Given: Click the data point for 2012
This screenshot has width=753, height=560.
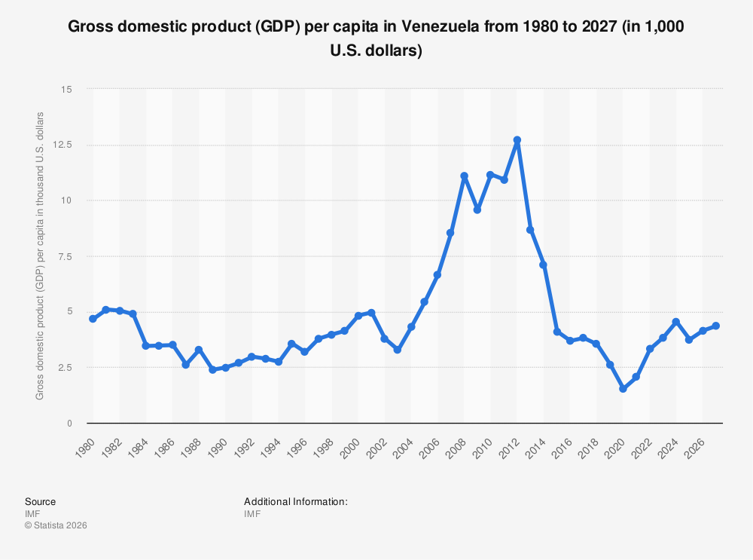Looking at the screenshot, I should point(517,140).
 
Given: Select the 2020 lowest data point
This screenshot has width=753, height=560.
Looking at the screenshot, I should point(623,389).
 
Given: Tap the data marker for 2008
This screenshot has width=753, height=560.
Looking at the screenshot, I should point(464,176).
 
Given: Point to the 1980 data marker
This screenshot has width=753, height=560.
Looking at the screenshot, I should point(93,319).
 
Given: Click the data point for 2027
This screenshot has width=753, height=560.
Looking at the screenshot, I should point(715,326).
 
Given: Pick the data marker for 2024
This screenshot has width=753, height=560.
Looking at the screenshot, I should point(675,322).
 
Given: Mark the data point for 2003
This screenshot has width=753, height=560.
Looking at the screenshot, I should point(398,350).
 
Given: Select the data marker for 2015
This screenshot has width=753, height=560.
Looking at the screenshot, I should point(556,332).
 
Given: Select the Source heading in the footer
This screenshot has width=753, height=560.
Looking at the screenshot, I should point(40,501).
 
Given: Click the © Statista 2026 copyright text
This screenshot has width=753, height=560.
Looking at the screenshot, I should point(56,525).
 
